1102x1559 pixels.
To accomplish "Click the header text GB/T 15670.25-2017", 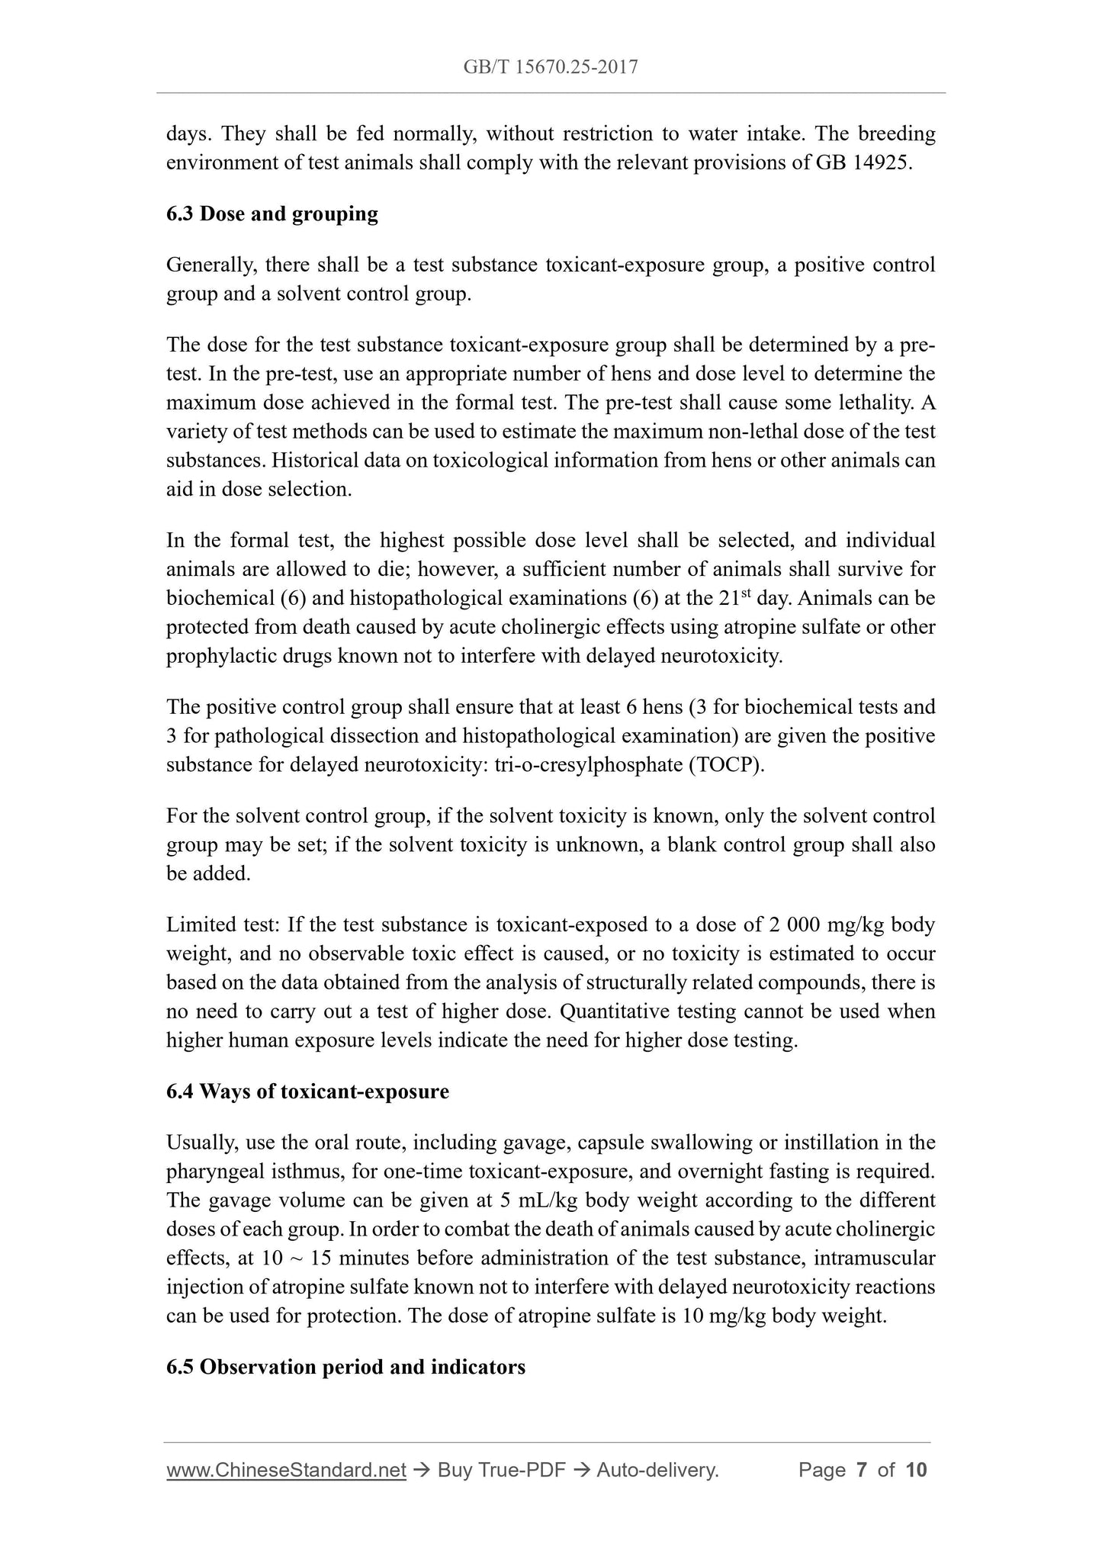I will [551, 67].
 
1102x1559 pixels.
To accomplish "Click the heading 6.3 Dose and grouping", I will [271, 214].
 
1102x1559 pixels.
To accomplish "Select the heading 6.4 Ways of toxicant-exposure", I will [307, 1091].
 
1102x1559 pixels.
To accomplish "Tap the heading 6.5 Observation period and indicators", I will [345, 1367].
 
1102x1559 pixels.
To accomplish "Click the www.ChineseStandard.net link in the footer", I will [286, 1470].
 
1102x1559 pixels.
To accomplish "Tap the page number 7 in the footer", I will [862, 1470].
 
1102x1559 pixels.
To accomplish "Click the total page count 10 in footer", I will [916, 1470].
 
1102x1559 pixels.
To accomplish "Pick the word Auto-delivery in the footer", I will [657, 1470].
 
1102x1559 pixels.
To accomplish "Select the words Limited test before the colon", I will [221, 925].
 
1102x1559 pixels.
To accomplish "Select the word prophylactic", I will [217, 656].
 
